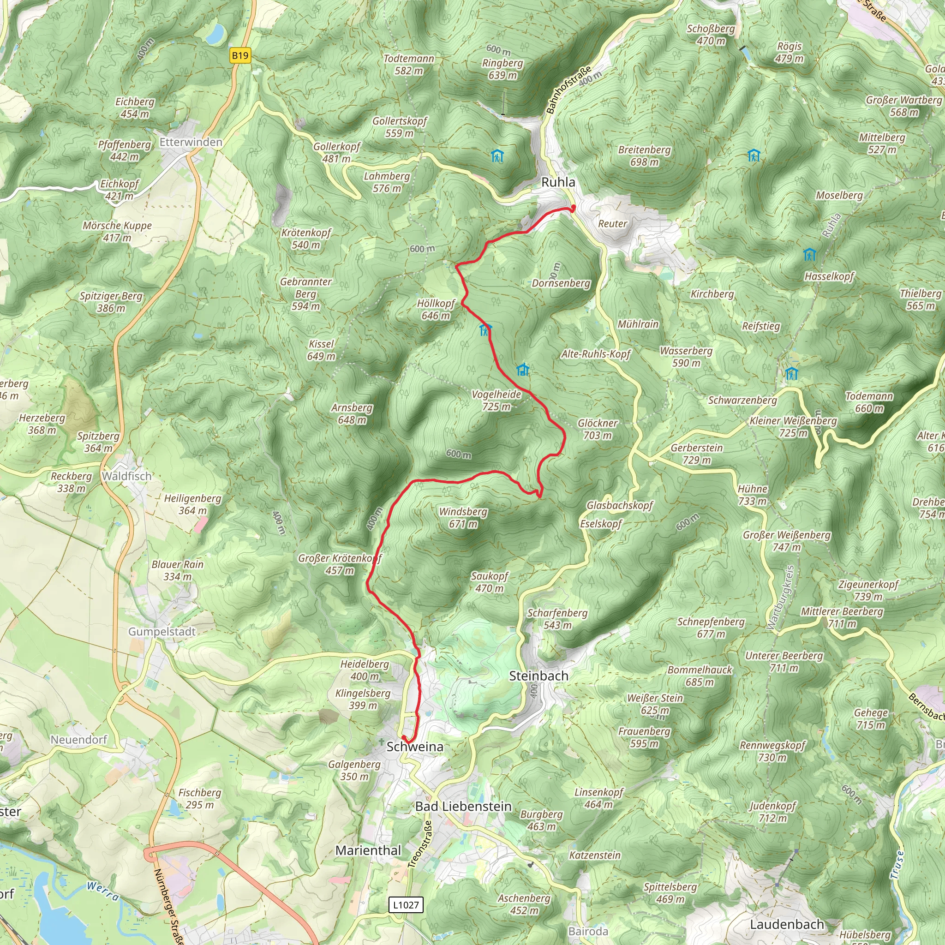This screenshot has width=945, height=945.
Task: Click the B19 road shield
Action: click(240, 55)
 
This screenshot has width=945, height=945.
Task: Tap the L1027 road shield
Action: click(406, 904)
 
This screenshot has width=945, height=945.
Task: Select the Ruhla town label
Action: click(558, 182)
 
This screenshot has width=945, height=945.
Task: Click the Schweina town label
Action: click(415, 747)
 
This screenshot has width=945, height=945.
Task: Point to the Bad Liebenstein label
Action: click(463, 807)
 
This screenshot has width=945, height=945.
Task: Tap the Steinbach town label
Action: click(538, 676)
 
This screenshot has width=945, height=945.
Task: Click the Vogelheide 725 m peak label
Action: click(496, 400)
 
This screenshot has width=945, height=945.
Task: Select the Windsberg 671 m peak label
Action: click(463, 518)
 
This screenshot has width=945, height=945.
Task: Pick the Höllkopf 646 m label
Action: click(436, 309)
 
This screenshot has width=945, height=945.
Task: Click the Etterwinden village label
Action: click(191, 142)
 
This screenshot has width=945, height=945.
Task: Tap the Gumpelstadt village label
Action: click(162, 632)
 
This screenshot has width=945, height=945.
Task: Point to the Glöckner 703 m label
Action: click(597, 429)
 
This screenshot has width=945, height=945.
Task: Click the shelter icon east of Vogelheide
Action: click(523, 370)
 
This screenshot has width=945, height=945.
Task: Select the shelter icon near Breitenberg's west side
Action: click(497, 156)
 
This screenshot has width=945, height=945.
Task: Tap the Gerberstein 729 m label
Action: click(696, 454)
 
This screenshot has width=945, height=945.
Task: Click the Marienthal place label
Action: click(368, 850)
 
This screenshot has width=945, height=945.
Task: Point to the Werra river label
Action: click(103, 891)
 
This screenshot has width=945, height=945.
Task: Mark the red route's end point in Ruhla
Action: click(573, 209)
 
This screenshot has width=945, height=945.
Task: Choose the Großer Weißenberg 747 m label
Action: click(787, 540)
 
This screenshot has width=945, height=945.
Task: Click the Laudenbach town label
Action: click(787, 924)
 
